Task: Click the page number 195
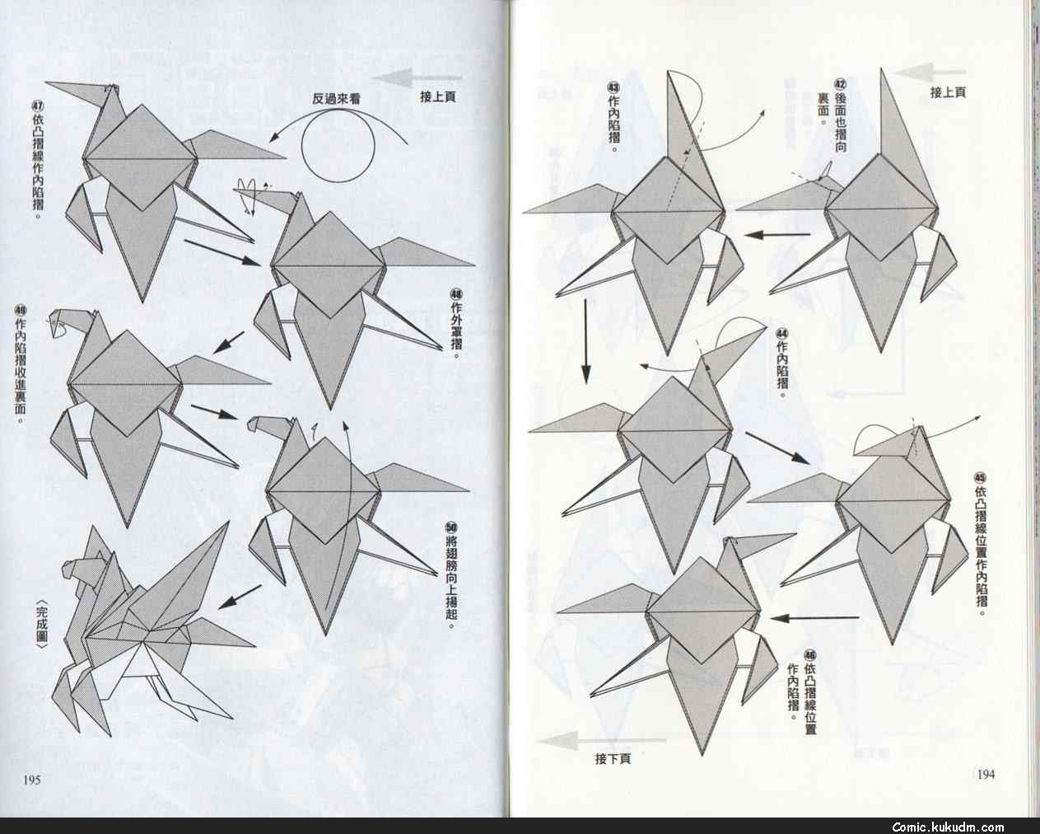tap(32, 780)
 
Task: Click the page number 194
tap(986, 775)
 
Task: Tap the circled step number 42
tap(841, 85)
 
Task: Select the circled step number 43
tap(613, 87)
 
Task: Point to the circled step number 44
tap(781, 333)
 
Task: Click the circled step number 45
tap(980, 478)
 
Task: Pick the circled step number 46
tap(810, 655)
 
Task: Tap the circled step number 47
tap(38, 106)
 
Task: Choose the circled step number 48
tap(456, 294)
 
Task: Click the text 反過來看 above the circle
tap(336, 99)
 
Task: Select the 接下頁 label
tap(613, 758)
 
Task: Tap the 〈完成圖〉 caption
tap(42, 624)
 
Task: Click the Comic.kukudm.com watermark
tap(948, 827)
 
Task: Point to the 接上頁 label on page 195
tap(438, 96)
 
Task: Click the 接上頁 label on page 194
tap(948, 92)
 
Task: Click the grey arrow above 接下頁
tap(602, 741)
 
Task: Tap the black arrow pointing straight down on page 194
tap(585, 341)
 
